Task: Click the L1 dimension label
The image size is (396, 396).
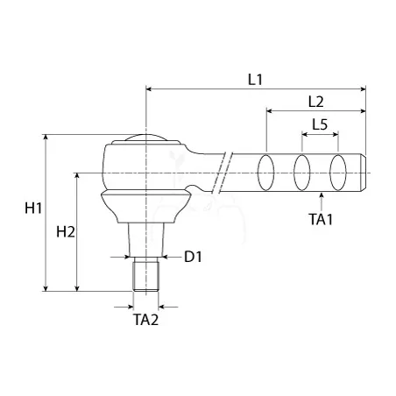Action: [x=255, y=80]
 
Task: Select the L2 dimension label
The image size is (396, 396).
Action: [x=316, y=102]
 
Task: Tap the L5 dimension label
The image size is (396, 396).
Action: [x=320, y=124]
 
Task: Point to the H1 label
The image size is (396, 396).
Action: [x=33, y=209]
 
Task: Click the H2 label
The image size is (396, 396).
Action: [x=66, y=232]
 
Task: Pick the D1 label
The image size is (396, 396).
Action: [x=193, y=257]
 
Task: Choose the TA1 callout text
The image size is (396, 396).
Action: [x=321, y=219]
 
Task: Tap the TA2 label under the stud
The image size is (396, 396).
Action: [x=145, y=320]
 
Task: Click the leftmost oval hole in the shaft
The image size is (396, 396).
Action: [x=265, y=173]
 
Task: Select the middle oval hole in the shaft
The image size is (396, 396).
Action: [x=301, y=173]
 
